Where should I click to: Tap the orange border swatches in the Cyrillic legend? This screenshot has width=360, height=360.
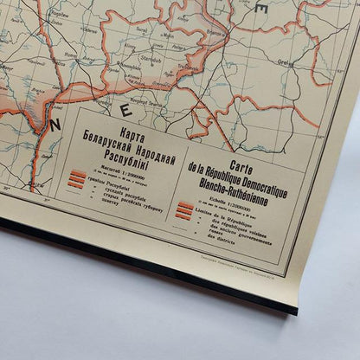point(77,178)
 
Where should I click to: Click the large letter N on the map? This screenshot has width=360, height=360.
point(55,125)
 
